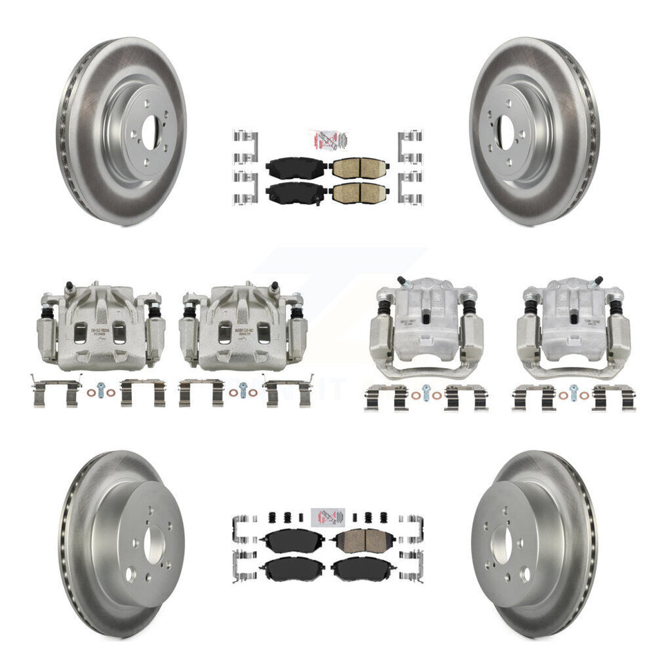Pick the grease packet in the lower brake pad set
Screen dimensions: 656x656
tap(327, 519)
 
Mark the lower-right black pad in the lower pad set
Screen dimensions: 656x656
tap(358, 570)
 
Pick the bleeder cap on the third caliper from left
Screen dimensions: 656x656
tap(401, 281)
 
